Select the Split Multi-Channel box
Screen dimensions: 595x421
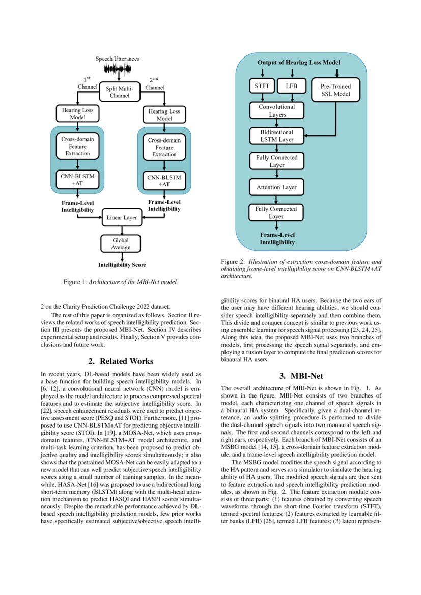tap(120, 92)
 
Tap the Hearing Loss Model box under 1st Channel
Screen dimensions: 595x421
tap(77, 113)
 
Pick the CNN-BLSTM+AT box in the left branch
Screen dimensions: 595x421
tap(77, 180)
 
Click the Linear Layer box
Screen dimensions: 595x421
tap(121, 218)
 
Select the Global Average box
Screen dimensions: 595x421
tap(121, 243)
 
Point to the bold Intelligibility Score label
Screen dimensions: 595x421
tap(122, 265)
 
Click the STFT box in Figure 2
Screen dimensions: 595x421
tap(262, 86)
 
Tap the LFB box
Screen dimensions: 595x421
tap(291, 86)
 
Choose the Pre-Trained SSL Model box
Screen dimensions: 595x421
tap(334, 90)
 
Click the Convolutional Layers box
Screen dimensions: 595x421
tap(276, 111)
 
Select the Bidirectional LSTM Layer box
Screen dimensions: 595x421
tap(276, 136)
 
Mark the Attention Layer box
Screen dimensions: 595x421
tap(276, 187)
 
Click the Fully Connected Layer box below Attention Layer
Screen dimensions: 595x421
tap(276, 212)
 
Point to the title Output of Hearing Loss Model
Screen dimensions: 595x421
tap(298, 62)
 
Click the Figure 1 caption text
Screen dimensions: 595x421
tap(121, 281)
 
